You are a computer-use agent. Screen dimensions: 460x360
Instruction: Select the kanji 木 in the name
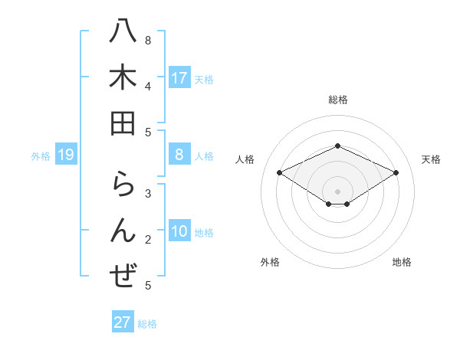pos(122,77)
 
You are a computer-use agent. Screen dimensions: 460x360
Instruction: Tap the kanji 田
pos(122,123)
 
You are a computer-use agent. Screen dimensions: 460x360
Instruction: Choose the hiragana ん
pos(123,230)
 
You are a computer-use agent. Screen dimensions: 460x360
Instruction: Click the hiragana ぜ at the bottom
pos(123,275)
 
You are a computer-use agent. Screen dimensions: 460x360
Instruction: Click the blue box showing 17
pos(179,77)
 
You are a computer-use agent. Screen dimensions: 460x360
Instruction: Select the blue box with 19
pos(66,155)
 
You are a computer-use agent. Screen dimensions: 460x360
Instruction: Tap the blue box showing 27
pos(123,322)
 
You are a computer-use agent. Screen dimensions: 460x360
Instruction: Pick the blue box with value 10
pos(179,232)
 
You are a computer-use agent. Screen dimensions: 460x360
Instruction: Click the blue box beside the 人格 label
pos(179,155)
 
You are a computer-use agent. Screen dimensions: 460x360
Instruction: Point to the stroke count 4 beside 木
pos(148,86)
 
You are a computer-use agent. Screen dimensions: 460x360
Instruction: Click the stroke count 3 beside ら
pos(148,194)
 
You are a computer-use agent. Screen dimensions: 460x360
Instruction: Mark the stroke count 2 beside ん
pos(148,240)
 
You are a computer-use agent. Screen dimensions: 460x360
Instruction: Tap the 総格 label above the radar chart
pos(338,100)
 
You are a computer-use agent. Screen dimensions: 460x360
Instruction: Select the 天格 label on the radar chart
pos(431,159)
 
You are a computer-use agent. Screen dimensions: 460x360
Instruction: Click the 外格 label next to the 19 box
pos(41,156)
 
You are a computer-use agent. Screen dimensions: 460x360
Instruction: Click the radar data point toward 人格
pos(280,173)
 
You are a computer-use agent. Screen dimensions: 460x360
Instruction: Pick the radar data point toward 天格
pos(396,173)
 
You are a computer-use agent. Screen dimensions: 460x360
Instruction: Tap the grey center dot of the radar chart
pos(338,191)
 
